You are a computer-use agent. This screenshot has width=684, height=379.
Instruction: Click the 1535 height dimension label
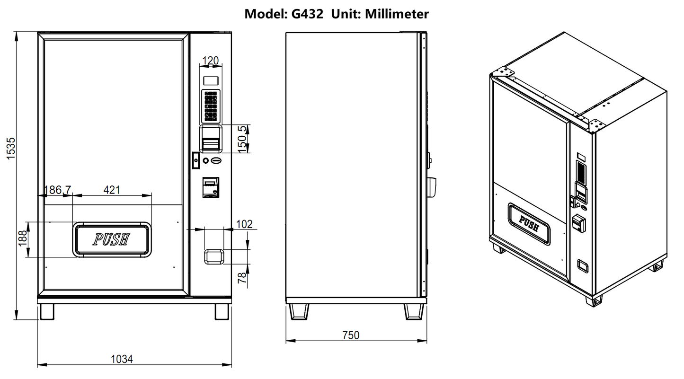pos(11,148)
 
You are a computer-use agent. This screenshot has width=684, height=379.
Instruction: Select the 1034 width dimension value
pos(122,359)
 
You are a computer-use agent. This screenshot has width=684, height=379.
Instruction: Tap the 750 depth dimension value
pos(351,335)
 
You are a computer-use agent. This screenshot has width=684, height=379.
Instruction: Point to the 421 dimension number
pos(112,190)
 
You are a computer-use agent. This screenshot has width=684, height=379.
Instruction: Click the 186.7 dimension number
pos(57,190)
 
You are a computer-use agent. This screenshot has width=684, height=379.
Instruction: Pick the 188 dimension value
pos(23,238)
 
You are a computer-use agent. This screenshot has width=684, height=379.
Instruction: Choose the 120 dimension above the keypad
pos(210,61)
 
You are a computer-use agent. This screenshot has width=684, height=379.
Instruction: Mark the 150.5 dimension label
pos(242,139)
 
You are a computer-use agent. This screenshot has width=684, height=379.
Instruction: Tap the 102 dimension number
pos(244,224)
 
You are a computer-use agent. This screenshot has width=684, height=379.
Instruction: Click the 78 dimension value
pos(242,278)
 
